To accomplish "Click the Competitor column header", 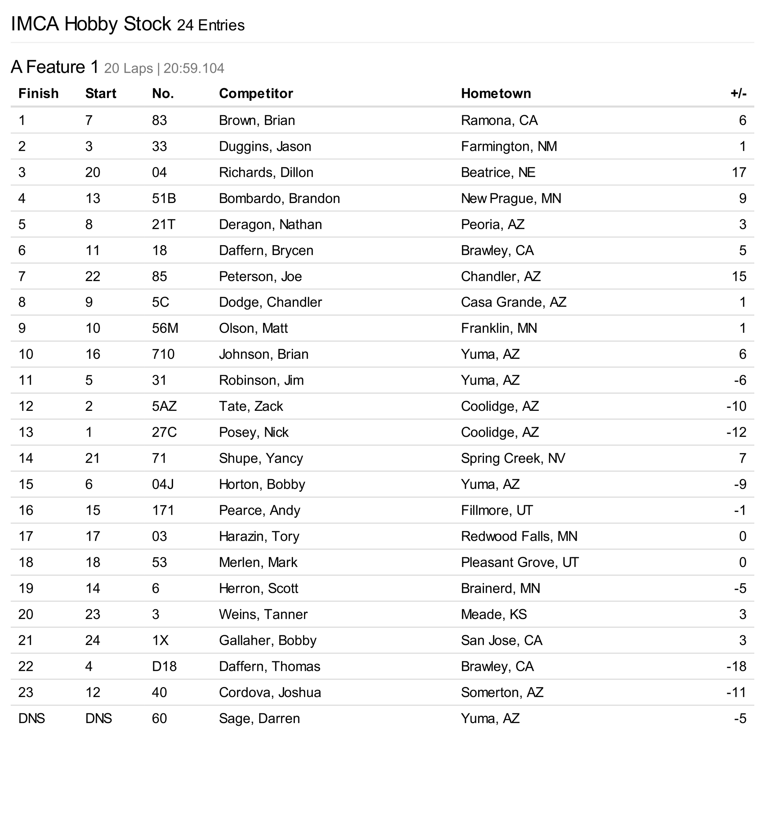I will pos(256,94).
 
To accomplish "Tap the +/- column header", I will pos(738,94).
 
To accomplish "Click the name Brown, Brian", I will pos(256,121).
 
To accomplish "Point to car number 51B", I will pos(164,199).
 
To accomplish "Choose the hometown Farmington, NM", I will pos(509,147).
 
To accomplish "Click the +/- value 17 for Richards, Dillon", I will pos(739,173).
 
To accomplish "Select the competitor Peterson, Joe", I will pos(260,277).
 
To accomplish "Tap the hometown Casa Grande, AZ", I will pos(513,302).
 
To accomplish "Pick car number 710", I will pos(163,354).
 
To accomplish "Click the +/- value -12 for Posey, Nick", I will pos(736,433).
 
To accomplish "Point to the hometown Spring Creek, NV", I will pos(513,458).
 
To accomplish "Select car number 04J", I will pos(163,484).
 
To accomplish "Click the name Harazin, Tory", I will pos(259,536).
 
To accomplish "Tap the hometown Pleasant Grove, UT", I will pos(519,563).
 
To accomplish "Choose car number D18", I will pos(164,666).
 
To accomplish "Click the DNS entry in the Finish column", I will pos(31,719).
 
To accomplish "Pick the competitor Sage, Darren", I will pos(259,719).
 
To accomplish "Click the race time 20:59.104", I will pos(194,69).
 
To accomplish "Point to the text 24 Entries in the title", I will pos(211,25).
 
